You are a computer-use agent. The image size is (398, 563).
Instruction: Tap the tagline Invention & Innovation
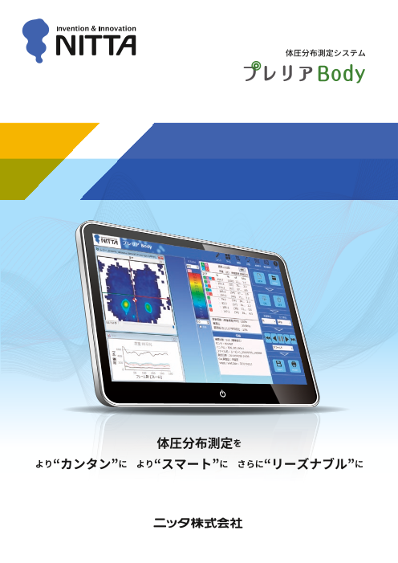[95, 27]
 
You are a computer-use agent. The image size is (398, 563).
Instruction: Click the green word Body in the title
[341, 75]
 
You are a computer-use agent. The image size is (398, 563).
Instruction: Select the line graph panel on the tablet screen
[140, 357]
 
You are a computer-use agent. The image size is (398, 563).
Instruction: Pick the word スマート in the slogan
[189, 465]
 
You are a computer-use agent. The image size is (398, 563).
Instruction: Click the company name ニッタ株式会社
[198, 523]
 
